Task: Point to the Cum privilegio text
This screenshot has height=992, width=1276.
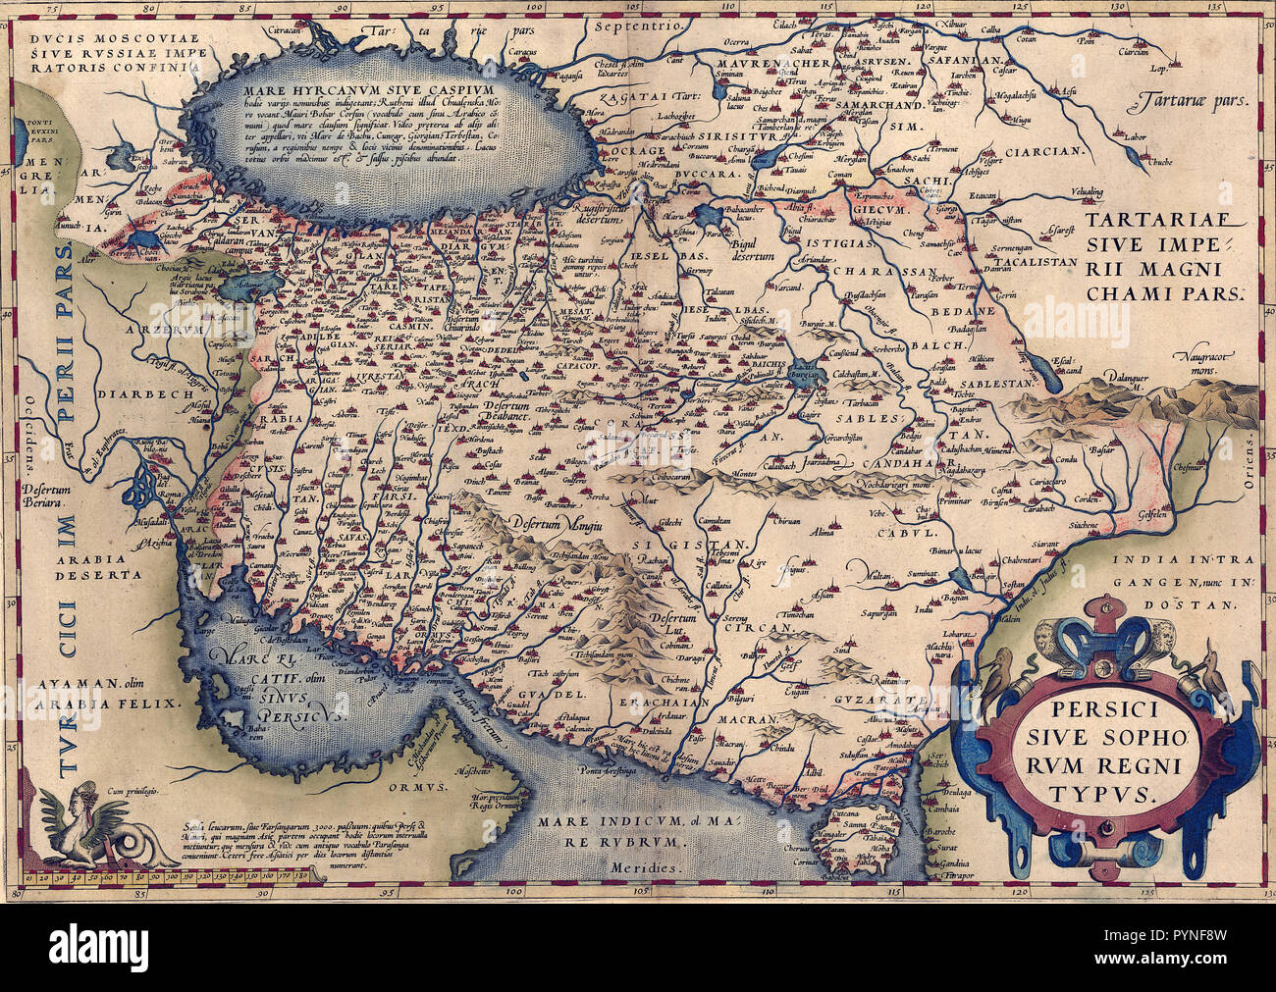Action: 140,791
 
